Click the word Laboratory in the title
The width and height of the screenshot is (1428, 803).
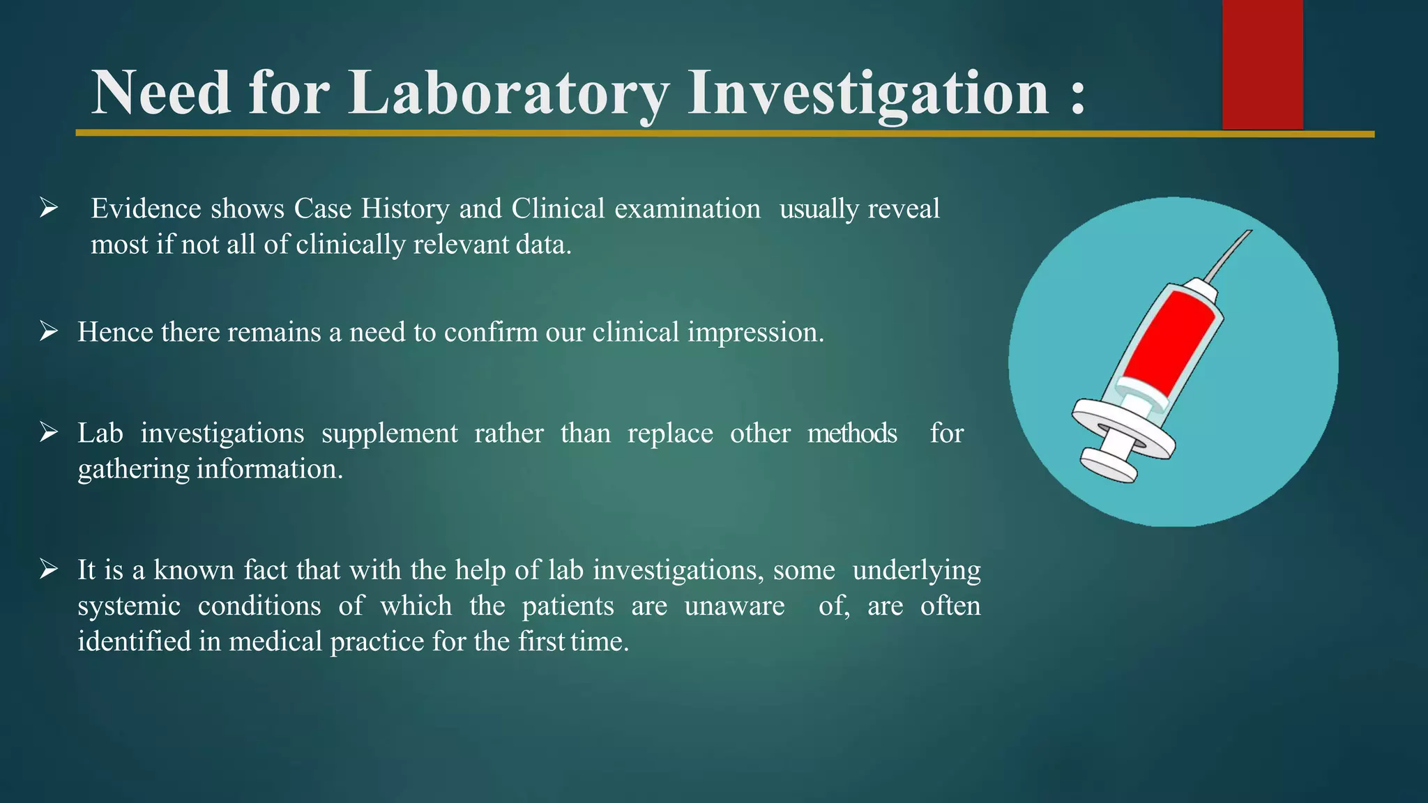coord(509,94)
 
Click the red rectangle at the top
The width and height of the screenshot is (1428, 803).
coord(1262,64)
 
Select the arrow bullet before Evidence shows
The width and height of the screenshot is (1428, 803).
coord(48,208)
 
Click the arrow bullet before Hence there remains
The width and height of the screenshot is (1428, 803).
coord(48,331)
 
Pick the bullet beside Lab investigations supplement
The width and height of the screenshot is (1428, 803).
coord(48,432)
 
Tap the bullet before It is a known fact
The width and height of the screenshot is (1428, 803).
coord(48,569)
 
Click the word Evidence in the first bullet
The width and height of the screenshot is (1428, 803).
coord(146,208)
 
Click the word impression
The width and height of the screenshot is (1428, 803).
coord(755,332)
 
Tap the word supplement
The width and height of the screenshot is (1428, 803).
coord(389,434)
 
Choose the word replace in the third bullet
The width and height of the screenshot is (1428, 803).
coord(670,434)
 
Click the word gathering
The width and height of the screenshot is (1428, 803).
coord(133,469)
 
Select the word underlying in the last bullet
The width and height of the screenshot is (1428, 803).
coord(916,570)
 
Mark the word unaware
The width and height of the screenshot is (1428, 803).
coord(734,606)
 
